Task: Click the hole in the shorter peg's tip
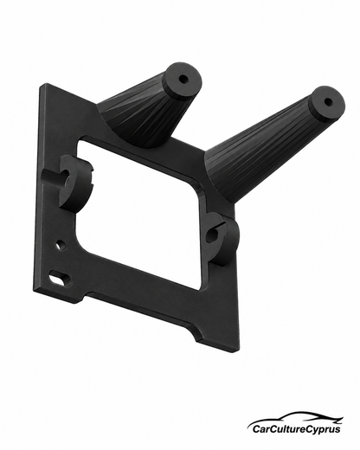point(183,79)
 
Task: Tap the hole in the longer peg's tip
point(328,101)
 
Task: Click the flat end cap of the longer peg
point(327,101)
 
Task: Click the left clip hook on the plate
point(68,183)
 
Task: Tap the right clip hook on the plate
point(222,238)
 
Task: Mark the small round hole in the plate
point(61,246)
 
